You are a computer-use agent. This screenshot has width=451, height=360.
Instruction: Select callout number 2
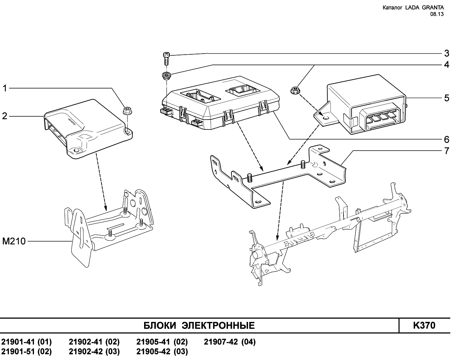pos(5,116)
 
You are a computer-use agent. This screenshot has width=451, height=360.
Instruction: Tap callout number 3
pos(446,54)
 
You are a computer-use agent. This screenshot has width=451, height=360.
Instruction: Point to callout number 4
pos(446,65)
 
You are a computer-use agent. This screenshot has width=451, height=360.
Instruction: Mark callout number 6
pos(446,139)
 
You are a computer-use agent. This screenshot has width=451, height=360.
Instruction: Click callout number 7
pos(446,151)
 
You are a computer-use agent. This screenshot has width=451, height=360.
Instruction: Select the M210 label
pos(14,242)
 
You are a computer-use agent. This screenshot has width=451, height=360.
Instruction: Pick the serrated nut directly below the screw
pos(166,75)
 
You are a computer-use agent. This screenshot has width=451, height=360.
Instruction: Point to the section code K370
pos(424,325)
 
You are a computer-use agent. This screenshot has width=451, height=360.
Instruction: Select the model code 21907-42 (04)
pos(230,342)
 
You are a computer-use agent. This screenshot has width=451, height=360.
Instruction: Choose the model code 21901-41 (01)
pos(26,342)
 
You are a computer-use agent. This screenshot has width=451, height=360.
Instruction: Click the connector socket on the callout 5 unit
pos(381,118)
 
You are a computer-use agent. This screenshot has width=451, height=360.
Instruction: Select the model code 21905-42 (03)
pos(162,352)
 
